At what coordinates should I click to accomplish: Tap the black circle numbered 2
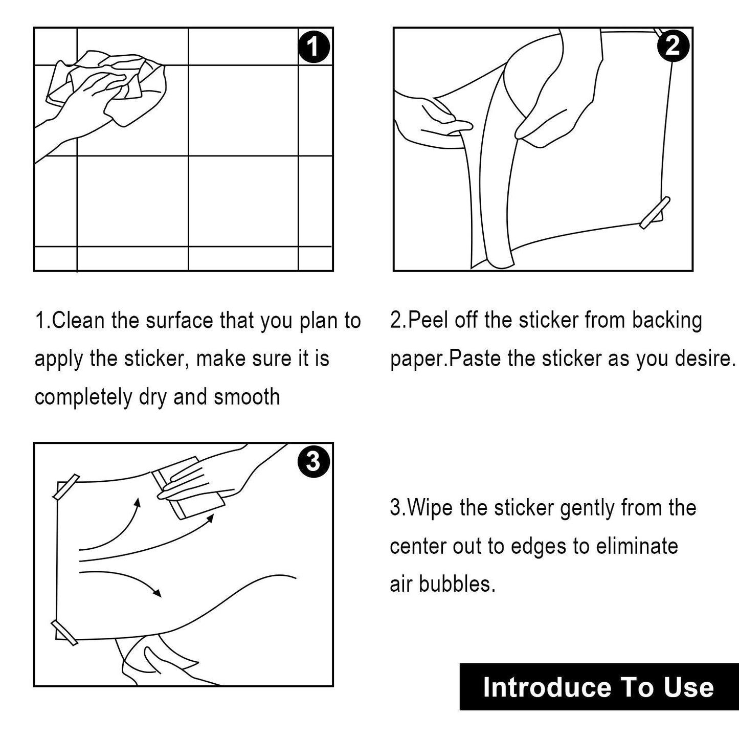pos(673,46)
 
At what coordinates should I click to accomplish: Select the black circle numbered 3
pos(313,461)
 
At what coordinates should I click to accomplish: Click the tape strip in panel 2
pos(655,213)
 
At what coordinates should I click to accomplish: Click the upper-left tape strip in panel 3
pos(66,487)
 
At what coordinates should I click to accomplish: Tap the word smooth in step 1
pos(247,397)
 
